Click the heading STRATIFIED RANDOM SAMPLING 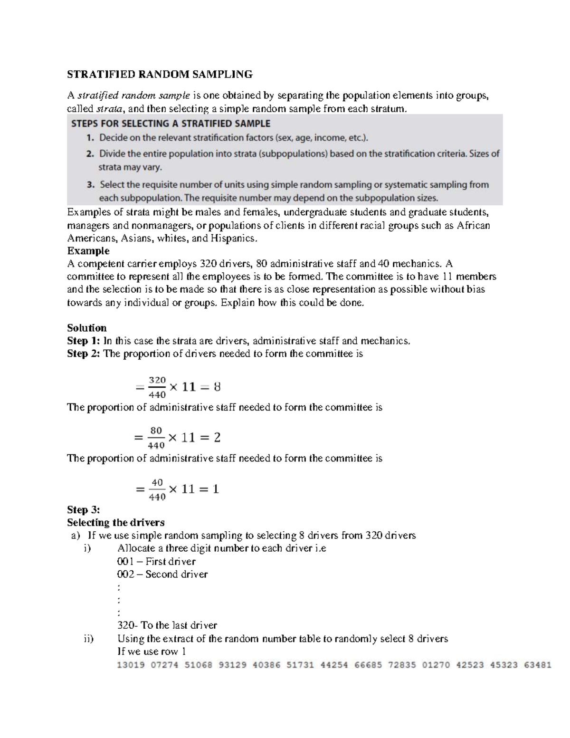pyautogui.click(x=160, y=74)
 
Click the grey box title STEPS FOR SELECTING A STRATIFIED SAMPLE pyautogui.click(x=171, y=124)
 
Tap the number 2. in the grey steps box pyautogui.click(x=90, y=154)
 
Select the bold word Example pyautogui.click(x=88, y=251)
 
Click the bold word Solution pyautogui.click(x=87, y=328)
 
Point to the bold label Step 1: pyautogui.click(x=84, y=341)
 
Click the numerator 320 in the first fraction pyautogui.click(x=157, y=380)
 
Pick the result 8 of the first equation pyautogui.click(x=217, y=387)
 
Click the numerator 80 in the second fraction pyautogui.click(x=156, y=431)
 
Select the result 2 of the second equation pyautogui.click(x=217, y=438)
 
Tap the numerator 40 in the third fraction pyautogui.click(x=157, y=482)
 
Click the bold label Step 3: pyautogui.click(x=84, y=510)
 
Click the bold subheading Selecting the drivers pyautogui.click(x=116, y=523)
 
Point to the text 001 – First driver pyautogui.click(x=156, y=561)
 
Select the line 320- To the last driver pyautogui.click(x=167, y=625)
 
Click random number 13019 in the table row pyautogui.click(x=131, y=665)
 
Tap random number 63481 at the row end pyautogui.click(x=537, y=665)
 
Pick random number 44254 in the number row pyautogui.click(x=334, y=665)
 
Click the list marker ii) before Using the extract pyautogui.click(x=89, y=639)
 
